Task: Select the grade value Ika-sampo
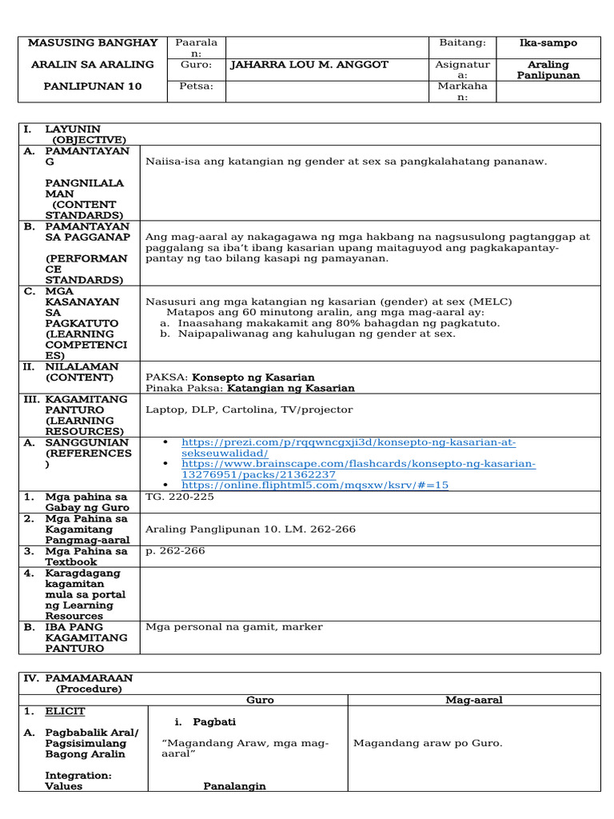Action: point(548,43)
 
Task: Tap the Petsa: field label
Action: point(196,86)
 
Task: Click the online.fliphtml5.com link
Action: point(315,485)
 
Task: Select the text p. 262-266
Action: point(175,551)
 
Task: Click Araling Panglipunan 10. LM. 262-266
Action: point(250,529)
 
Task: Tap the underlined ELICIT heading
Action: point(65,711)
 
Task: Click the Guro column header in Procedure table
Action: point(260,700)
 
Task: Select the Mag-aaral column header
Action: point(473,700)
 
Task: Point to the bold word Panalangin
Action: point(234,786)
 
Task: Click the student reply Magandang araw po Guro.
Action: point(428,744)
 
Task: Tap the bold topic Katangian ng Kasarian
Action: point(291,389)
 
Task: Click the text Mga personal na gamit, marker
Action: point(234,627)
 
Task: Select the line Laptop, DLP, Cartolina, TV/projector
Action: point(249,410)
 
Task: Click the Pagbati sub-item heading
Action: point(214,722)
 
